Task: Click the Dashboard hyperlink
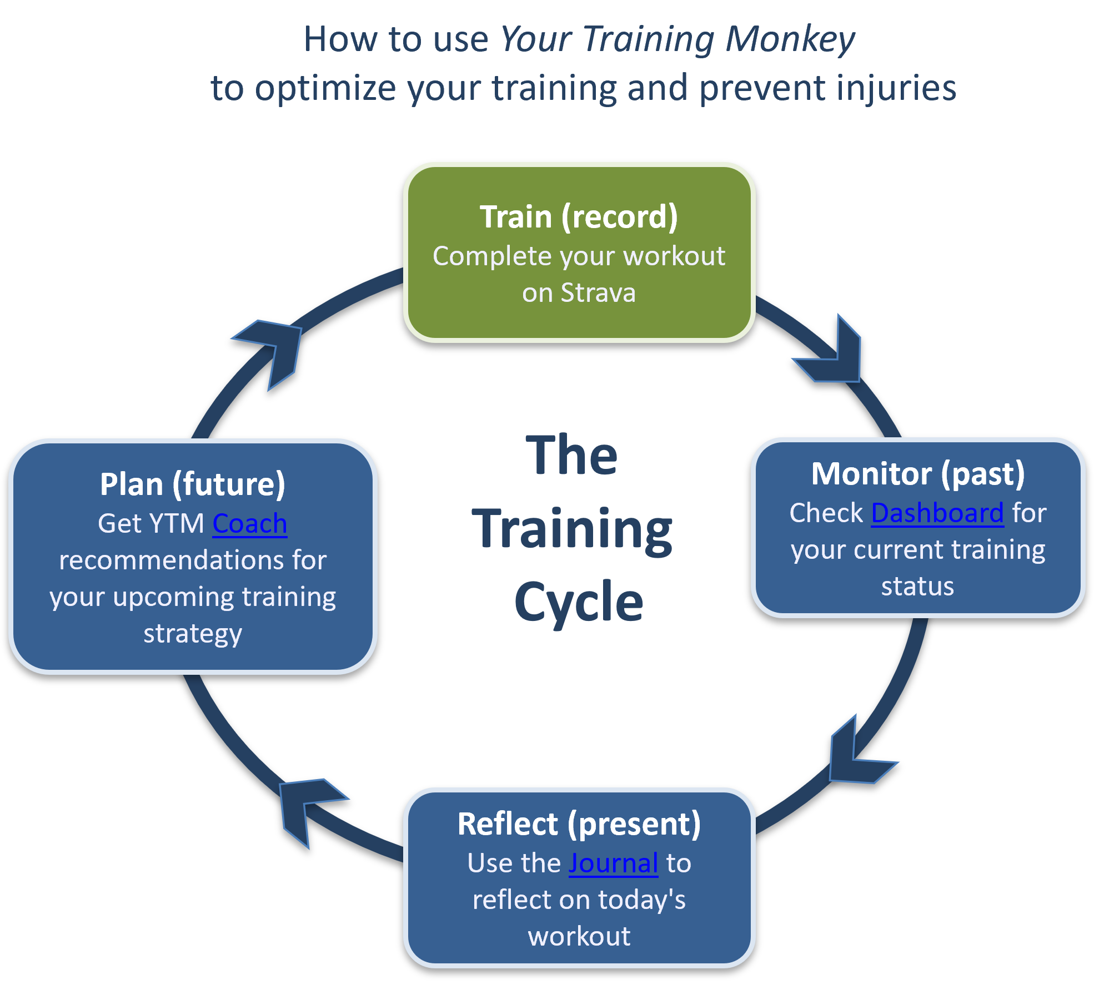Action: [x=937, y=513]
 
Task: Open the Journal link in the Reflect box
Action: [x=613, y=863]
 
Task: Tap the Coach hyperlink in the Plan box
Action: [x=249, y=523]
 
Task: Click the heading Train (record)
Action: [x=579, y=216]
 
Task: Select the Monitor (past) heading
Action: [x=918, y=474]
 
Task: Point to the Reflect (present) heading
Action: [x=579, y=824]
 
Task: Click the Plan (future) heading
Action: [x=192, y=484]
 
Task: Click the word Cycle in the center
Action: [x=579, y=602]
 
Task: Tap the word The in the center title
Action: [x=572, y=456]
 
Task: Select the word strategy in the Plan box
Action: [x=192, y=634]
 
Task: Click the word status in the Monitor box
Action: [x=917, y=586]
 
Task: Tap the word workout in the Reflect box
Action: [x=579, y=936]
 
